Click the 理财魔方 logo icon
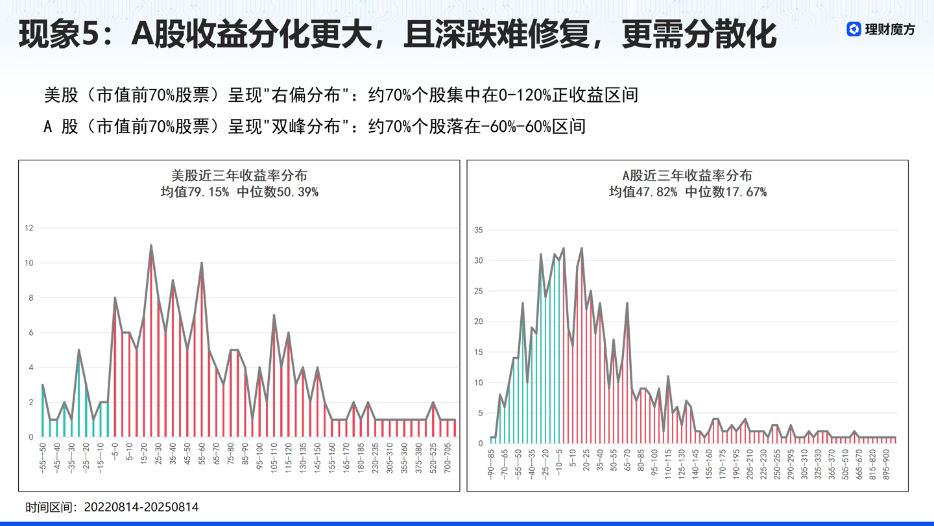(x=854, y=29)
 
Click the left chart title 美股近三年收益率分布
(x=239, y=175)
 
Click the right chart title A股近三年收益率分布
(x=687, y=175)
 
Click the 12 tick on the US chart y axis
(x=29, y=228)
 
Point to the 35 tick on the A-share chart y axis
(x=479, y=230)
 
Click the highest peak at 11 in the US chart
(x=151, y=245)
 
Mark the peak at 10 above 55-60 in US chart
(x=202, y=263)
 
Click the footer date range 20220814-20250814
(x=141, y=507)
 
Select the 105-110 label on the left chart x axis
(x=274, y=458)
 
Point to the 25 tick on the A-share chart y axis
(x=479, y=291)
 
